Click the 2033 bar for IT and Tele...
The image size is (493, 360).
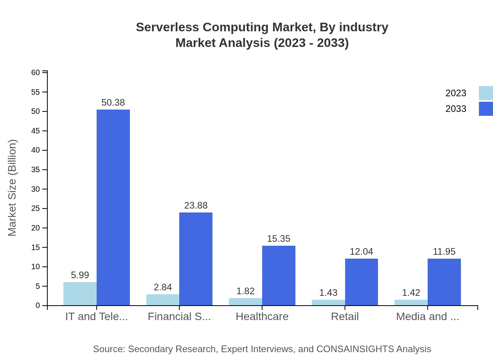tap(113, 207)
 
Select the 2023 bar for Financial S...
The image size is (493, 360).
tap(163, 300)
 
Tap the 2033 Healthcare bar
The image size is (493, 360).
tap(279, 275)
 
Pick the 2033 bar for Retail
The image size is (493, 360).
tap(362, 282)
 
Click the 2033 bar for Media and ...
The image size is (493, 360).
tap(444, 282)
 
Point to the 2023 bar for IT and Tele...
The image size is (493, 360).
tap(80, 293)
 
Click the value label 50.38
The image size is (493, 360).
tap(113, 103)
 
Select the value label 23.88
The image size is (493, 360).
tap(196, 205)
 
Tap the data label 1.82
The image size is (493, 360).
tap(245, 291)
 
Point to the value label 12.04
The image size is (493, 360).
tap(361, 252)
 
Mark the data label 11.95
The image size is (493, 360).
tap(444, 252)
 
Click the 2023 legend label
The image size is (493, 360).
tap(456, 93)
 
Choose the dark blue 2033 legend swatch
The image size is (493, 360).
tap(486, 109)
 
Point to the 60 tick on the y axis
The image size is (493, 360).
tap(36, 72)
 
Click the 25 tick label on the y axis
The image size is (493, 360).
tap(36, 208)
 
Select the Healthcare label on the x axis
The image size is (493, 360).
tap(262, 317)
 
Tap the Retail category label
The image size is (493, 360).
tap(345, 317)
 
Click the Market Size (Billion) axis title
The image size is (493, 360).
tap(13, 188)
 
